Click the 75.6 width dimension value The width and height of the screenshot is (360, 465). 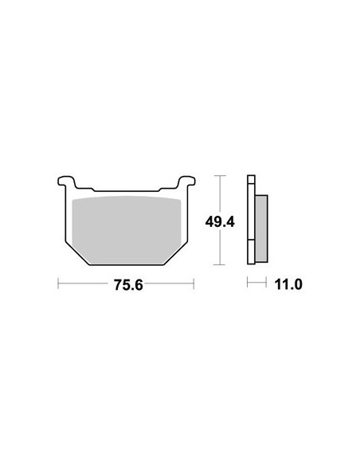[x=128, y=285]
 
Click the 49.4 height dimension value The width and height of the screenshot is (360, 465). [x=220, y=222]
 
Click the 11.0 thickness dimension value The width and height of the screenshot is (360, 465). [x=288, y=285]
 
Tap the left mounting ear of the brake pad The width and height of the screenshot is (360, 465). [x=66, y=182]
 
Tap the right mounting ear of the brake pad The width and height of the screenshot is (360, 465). [x=186, y=182]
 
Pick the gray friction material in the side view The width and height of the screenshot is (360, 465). [x=261, y=229]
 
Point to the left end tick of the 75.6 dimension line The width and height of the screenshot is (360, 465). [x=58, y=283]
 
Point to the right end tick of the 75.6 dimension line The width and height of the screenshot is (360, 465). [x=194, y=283]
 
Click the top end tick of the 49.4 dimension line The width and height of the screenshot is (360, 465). [x=220, y=175]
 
